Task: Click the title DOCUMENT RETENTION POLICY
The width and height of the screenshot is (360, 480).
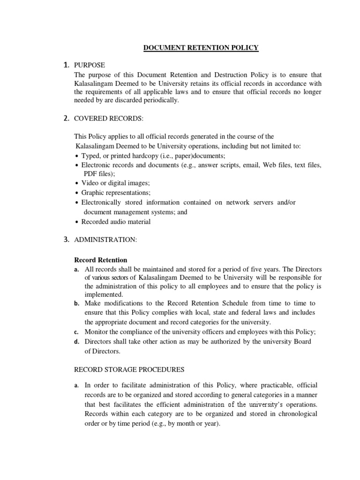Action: pos(194,48)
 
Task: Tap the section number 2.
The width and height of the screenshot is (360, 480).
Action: pos(66,119)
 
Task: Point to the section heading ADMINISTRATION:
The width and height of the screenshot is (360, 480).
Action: pos(105,240)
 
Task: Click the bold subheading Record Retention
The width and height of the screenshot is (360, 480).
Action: pos(101,260)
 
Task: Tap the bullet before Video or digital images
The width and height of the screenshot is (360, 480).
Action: pos(77,183)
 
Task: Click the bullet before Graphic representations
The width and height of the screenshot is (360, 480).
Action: pos(77,193)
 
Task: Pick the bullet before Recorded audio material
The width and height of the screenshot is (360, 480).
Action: pos(77,222)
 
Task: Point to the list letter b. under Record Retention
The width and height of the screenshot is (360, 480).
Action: pos(76,304)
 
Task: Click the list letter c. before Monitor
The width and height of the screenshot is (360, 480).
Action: pos(76,332)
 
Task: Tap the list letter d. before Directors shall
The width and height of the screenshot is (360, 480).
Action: pos(76,342)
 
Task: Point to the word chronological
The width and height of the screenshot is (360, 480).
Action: pos(295,414)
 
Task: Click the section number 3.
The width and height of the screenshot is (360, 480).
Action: pos(66,240)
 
